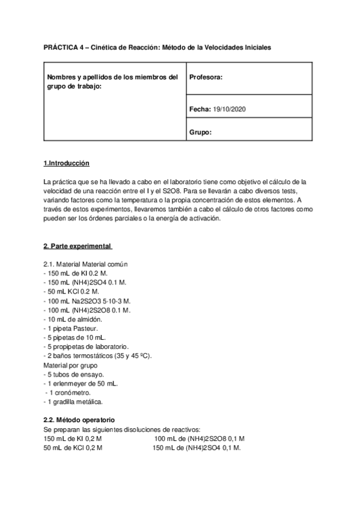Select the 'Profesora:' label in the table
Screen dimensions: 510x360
point(206,78)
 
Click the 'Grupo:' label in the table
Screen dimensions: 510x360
point(200,132)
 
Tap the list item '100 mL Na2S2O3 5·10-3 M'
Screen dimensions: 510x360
point(88,301)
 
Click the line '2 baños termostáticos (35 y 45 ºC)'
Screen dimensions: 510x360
point(98,355)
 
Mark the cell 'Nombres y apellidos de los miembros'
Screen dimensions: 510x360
point(112,78)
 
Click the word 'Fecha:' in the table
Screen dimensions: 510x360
point(200,109)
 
